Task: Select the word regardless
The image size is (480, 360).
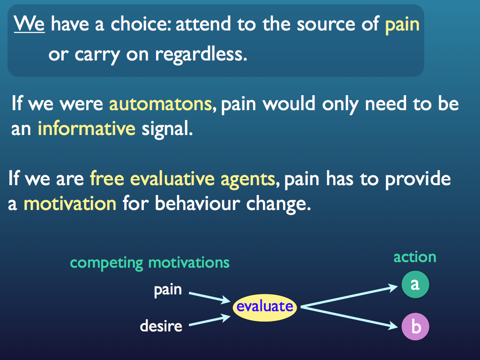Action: pyautogui.click(x=201, y=55)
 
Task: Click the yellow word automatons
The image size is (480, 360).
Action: pyautogui.click(x=160, y=104)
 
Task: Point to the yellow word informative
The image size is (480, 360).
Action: pyautogui.click(x=86, y=128)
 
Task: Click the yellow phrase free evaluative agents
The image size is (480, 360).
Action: pyautogui.click(x=182, y=179)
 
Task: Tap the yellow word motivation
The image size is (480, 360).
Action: pyautogui.click(x=70, y=204)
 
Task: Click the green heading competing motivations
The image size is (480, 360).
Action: pyautogui.click(x=150, y=262)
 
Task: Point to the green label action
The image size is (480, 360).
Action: pyautogui.click(x=414, y=257)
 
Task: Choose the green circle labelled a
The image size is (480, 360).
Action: pyautogui.click(x=415, y=285)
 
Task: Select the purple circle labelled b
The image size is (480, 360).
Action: pyautogui.click(x=415, y=327)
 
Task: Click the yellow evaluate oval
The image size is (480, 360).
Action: pyautogui.click(x=265, y=307)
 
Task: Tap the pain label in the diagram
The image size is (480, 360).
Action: pyautogui.click(x=168, y=290)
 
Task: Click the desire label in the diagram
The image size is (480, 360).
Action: pyautogui.click(x=161, y=325)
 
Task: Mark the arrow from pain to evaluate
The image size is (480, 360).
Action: pyautogui.click(x=209, y=297)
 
